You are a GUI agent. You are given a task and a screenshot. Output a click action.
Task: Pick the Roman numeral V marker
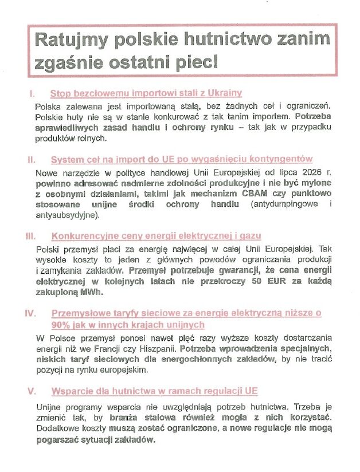[x=31, y=391]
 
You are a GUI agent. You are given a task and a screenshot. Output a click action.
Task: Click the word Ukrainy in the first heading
[x=224, y=93]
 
